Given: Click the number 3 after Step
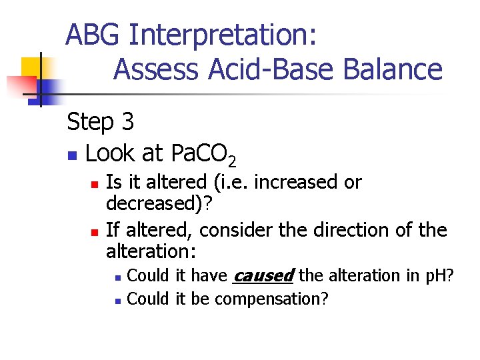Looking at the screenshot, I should coord(127,121).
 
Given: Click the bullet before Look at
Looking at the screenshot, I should coord(71,155).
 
